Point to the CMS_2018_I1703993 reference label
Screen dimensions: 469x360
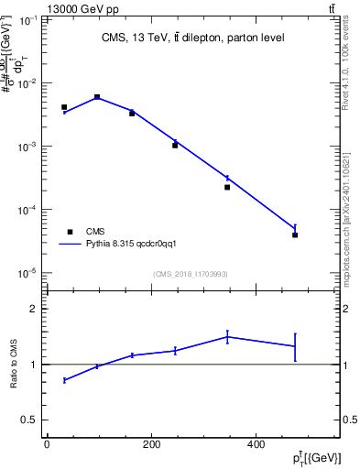click(x=192, y=274)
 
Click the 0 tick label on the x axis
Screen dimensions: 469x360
click(x=47, y=443)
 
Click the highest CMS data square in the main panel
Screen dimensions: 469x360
click(x=97, y=97)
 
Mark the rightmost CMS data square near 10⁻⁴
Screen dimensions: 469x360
click(x=295, y=234)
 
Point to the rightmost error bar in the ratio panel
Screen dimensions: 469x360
click(x=295, y=346)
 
